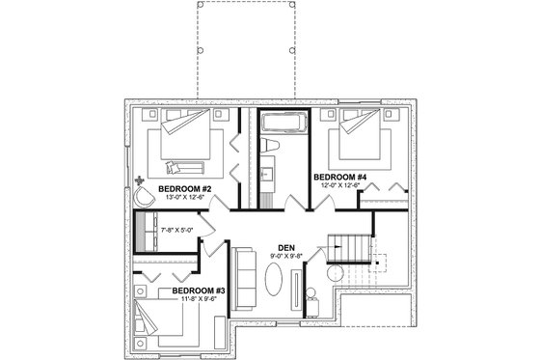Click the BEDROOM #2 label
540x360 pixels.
[184, 187]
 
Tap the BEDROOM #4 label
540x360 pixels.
[339, 178]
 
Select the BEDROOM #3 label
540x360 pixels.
[199, 291]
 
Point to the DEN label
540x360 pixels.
[285, 246]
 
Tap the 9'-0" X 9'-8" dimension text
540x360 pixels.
[285, 256]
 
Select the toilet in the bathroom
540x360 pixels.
[271, 146]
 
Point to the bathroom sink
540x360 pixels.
[266, 176]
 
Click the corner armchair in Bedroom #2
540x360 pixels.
[146, 196]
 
